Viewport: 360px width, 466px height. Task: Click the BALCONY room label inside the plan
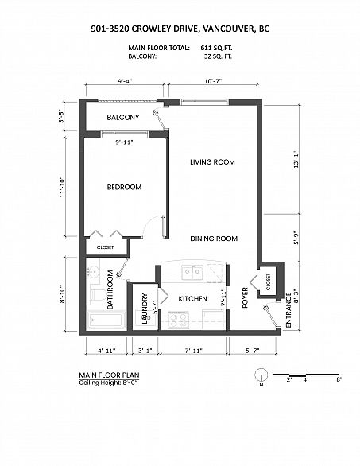(123, 118)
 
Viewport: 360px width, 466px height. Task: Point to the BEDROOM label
(124, 187)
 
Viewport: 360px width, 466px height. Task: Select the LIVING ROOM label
(212, 162)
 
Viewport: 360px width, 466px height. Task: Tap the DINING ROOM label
(214, 238)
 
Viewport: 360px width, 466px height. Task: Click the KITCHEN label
(192, 299)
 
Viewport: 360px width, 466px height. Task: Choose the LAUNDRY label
(145, 309)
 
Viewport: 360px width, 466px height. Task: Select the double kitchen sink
(190, 270)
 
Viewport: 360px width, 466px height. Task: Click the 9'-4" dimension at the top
(125, 81)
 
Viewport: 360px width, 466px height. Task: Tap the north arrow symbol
(260, 382)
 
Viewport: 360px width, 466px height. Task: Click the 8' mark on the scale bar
(338, 381)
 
